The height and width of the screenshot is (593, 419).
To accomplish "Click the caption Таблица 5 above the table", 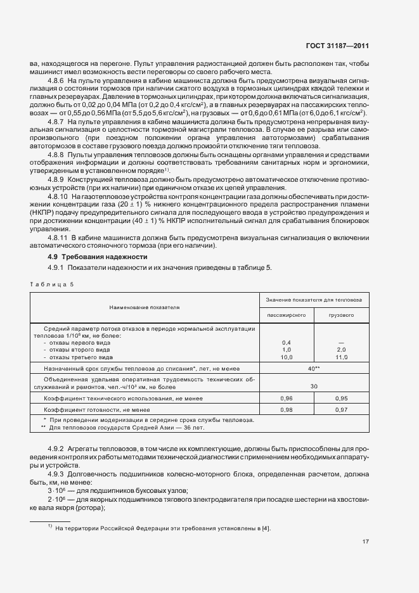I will [51, 284].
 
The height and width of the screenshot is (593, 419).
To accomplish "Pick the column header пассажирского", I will [287, 314].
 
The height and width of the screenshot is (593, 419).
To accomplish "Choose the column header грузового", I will [341, 314].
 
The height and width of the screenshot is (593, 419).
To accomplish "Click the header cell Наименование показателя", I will [145, 307].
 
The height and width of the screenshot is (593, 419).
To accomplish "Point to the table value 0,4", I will [286, 343].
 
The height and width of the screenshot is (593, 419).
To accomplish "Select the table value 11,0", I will [341, 357].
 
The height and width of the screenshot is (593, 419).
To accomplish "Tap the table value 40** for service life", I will [313, 368].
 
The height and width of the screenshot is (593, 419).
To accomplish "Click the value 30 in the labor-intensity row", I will [313, 386].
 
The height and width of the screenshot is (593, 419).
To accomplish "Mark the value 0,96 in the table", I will [286, 399].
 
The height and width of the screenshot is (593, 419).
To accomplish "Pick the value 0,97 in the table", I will [341, 410].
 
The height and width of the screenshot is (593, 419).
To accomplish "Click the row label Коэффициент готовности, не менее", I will [96, 410].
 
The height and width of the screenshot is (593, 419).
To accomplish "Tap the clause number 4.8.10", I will [58, 197].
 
